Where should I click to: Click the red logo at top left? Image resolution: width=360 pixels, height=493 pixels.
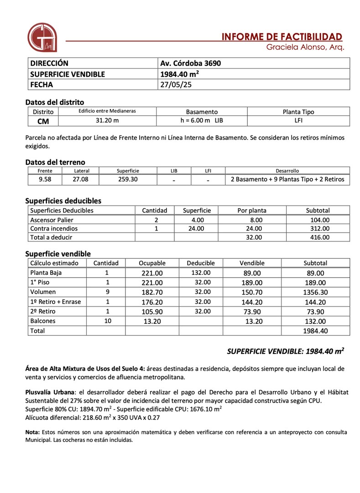pos(42,37)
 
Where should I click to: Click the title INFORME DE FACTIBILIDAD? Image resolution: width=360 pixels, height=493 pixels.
pos(282,37)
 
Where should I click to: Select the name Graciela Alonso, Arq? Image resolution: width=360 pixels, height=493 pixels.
pos(305,47)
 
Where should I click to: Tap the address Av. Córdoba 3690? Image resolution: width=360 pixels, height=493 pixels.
pos(190,63)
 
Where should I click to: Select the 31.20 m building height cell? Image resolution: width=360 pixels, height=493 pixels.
pos(107,121)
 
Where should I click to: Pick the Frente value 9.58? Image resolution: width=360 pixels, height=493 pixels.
pos(45,179)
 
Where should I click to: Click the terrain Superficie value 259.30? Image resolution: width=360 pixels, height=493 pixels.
pos(128,179)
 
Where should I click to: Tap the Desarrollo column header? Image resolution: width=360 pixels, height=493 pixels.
pos(287,171)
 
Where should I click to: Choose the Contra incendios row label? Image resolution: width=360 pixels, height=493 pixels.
pos(54,228)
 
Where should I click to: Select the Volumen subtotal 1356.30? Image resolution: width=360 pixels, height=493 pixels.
pos(315,292)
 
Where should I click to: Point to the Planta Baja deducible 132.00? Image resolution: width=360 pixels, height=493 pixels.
pos(201,273)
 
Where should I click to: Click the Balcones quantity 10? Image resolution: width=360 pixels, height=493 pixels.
pos(106,321)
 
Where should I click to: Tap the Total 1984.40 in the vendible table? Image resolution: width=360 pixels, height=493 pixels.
pos(315,331)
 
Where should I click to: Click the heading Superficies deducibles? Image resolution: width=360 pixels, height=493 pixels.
pos(63,200)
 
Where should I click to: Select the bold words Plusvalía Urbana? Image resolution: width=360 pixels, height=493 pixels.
pos(51,392)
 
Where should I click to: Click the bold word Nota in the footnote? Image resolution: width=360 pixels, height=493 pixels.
pos(32,432)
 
